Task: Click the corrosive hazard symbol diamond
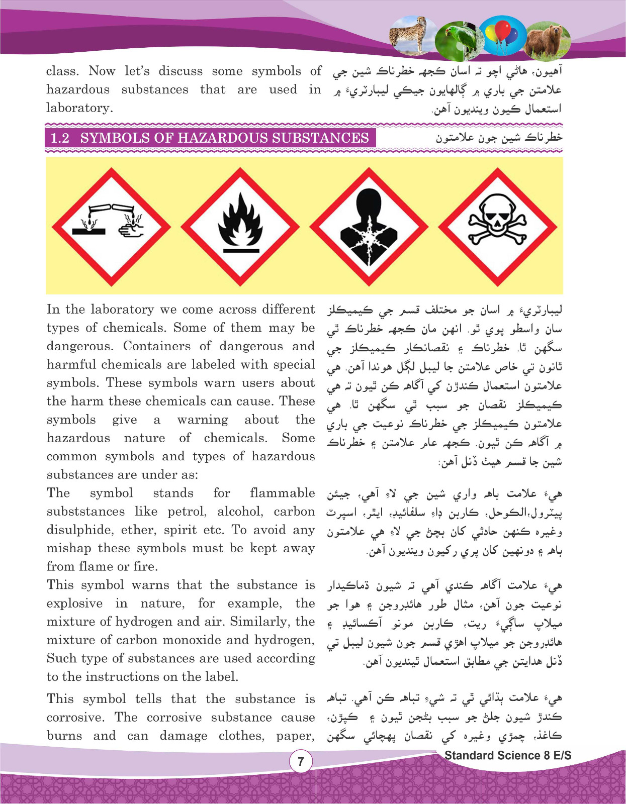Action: [111, 226]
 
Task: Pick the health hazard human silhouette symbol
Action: [369, 226]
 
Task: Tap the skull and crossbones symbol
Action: [498, 226]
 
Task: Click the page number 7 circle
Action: [301, 761]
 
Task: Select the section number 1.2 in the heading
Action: [60, 138]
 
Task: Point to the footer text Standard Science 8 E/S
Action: [508, 755]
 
